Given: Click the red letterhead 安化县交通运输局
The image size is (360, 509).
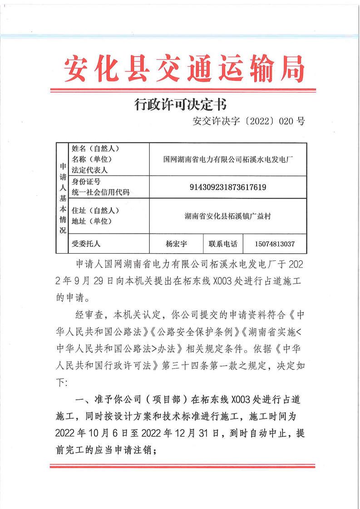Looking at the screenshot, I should [184, 69].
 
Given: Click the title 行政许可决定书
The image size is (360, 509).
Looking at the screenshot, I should [180, 105].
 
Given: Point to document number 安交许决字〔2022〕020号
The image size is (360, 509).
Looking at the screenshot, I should [249, 121].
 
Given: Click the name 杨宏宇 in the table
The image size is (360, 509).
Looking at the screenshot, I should [176, 244].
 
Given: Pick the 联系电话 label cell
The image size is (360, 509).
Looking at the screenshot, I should [223, 244].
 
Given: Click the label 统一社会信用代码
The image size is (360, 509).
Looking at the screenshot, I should [100, 192].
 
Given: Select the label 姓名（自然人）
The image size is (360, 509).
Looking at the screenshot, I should [95, 149].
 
